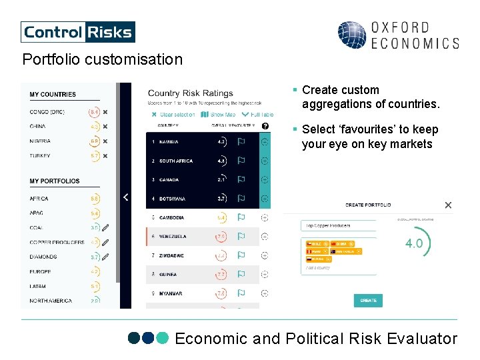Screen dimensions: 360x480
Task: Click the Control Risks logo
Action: pyautogui.click(x=78, y=31)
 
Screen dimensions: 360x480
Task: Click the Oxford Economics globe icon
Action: pyautogui.click(x=351, y=35)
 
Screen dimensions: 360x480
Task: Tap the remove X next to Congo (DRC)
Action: pyautogui.click(x=105, y=112)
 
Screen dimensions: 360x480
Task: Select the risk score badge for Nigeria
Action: pyautogui.click(x=95, y=141)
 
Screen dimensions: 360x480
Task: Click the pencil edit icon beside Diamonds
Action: pyautogui.click(x=105, y=257)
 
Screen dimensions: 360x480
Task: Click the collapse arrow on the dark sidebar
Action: pyautogui.click(x=125, y=197)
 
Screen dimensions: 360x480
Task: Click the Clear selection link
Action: pyautogui.click(x=173, y=115)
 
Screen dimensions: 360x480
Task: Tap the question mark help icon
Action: pyautogui.click(x=265, y=125)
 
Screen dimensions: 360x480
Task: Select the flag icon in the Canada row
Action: pyautogui.click(x=241, y=179)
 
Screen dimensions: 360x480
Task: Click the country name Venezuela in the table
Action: pyautogui.click(x=173, y=237)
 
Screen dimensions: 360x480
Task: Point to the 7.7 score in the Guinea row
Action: pyautogui.click(x=221, y=275)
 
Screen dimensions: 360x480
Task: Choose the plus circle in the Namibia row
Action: pyautogui.click(x=265, y=141)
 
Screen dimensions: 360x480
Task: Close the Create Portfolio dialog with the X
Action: pyautogui.click(x=448, y=205)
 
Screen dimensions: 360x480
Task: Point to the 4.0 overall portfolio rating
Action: pyautogui.click(x=414, y=243)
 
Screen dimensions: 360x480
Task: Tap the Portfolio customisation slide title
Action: pyautogui.click(x=102, y=59)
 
